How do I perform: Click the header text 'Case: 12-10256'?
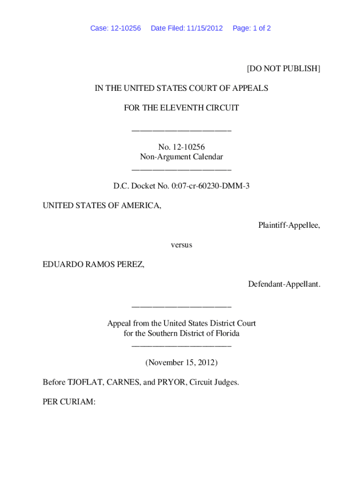point(115,28)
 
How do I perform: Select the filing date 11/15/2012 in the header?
point(205,28)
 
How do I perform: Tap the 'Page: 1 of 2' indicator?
point(252,28)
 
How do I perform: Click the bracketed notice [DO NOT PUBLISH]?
point(283,69)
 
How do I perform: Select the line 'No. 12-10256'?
point(181,147)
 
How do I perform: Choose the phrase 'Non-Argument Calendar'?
point(181,157)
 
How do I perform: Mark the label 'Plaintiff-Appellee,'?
point(289,225)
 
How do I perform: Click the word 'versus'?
point(181,245)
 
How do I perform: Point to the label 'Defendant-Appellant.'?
point(284,284)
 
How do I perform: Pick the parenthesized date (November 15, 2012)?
point(181,362)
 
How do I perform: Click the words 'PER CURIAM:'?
point(69,402)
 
